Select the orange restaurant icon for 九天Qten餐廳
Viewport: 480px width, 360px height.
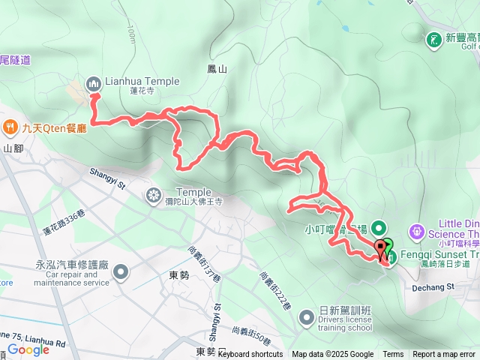(x=11, y=127)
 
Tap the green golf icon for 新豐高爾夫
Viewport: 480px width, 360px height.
(x=433, y=38)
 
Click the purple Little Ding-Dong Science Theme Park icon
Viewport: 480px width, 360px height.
(x=418, y=229)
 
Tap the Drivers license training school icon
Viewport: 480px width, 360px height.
(x=305, y=318)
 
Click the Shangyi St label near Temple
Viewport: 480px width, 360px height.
(x=112, y=173)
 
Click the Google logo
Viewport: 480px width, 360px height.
(x=28, y=349)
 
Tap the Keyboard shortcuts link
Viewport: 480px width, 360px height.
(x=250, y=355)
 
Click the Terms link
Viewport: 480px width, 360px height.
(x=393, y=355)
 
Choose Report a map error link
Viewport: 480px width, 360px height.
(x=444, y=355)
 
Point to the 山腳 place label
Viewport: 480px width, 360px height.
(x=13, y=148)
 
